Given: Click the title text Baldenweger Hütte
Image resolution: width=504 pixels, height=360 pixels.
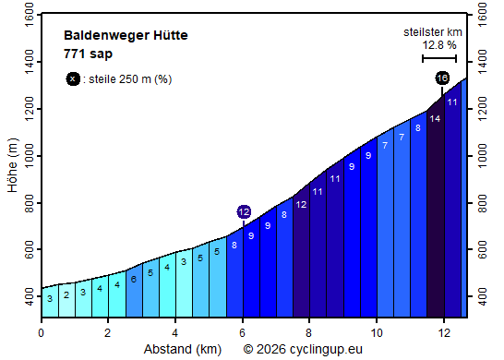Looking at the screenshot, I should [x=126, y=35].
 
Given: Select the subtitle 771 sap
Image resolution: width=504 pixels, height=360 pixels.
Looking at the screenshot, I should [x=88, y=54].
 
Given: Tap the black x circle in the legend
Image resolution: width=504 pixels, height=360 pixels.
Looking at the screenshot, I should [x=73, y=78].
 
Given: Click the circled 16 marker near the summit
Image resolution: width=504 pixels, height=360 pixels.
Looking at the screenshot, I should [x=442, y=78].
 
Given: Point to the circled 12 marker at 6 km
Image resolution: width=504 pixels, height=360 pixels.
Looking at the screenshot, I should [x=244, y=211].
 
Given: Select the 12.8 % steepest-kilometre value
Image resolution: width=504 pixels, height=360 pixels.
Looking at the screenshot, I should [x=439, y=44].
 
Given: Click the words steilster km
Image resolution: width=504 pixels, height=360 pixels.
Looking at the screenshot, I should [x=433, y=32].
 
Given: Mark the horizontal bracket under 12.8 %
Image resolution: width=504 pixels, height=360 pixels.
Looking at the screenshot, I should [x=439, y=58].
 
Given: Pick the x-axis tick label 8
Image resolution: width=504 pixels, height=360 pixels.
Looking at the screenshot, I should [x=309, y=332].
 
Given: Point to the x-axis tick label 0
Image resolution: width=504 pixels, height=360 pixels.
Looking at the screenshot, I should [x=42, y=332].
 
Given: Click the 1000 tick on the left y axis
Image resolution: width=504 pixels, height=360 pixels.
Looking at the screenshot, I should [x=24, y=156].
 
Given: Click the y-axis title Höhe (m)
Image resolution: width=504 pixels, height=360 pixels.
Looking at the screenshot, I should [x=12, y=167].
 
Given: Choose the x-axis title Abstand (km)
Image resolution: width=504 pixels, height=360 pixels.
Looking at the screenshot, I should [x=183, y=349].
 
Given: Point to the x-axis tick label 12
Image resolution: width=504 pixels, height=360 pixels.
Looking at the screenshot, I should [x=444, y=332].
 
